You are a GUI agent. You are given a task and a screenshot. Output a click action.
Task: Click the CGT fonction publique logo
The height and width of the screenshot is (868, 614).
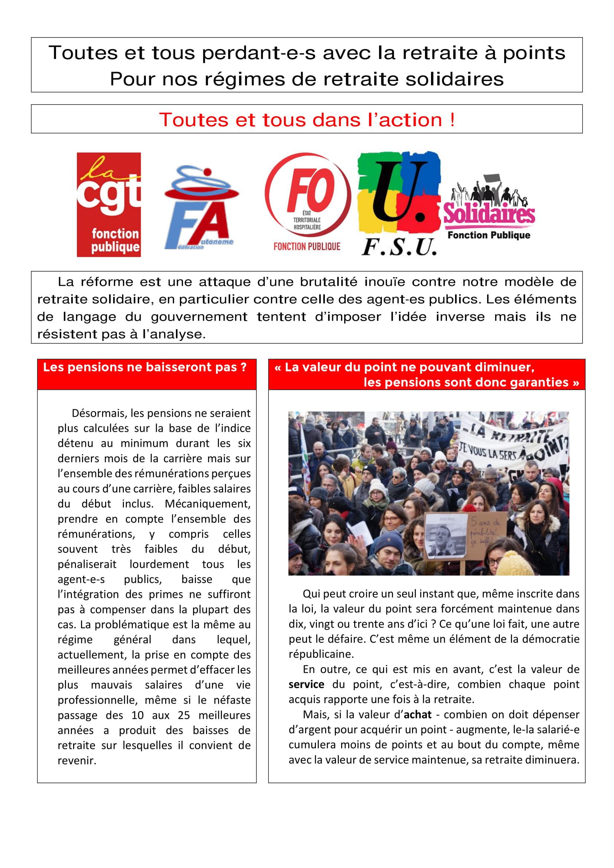click(109, 204)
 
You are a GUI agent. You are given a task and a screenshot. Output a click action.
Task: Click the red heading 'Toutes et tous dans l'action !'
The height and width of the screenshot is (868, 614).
click(307, 120)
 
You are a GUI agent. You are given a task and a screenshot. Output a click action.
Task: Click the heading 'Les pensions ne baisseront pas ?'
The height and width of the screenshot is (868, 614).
click(145, 367)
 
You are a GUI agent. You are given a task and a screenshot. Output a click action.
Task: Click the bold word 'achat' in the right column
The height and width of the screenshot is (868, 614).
click(417, 714)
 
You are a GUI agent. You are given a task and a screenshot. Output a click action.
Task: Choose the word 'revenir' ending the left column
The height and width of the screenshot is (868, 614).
click(76, 761)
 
